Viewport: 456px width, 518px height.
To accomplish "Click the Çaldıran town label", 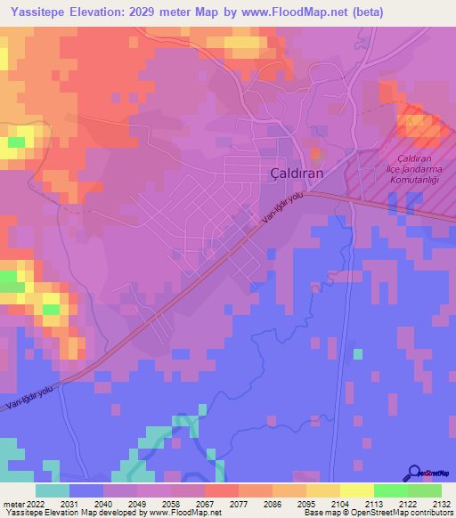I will [296, 174].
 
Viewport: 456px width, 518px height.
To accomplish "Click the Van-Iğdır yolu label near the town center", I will [283, 211].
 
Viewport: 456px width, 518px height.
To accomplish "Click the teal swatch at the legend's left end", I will [53, 490].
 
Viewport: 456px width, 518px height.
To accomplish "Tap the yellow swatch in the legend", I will [357, 490].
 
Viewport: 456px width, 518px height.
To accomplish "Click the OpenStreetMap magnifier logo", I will [415, 473].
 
